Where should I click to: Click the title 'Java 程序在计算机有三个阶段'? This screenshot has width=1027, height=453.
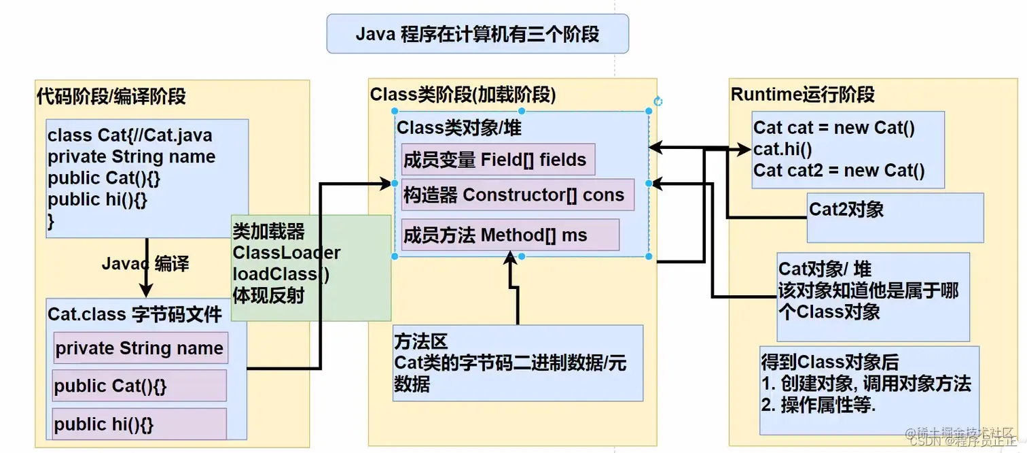click(478, 34)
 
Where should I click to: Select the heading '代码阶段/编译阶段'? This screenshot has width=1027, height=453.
click(111, 97)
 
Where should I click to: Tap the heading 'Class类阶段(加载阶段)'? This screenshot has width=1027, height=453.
click(463, 95)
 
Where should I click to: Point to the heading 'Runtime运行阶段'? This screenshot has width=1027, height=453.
click(802, 95)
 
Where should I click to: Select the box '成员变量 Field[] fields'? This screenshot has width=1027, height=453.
click(498, 160)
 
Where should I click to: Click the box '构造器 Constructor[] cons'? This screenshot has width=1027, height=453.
click(517, 195)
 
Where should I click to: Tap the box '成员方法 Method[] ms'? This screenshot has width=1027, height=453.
click(509, 235)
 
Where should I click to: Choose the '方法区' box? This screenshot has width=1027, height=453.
click(518, 363)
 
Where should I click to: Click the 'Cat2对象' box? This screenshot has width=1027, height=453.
click(895, 218)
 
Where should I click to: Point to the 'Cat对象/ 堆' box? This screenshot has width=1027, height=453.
click(873, 297)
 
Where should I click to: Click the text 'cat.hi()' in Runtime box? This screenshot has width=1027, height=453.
click(782, 148)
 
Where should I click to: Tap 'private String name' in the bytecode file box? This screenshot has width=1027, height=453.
click(140, 348)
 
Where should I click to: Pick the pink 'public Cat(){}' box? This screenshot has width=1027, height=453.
click(139, 386)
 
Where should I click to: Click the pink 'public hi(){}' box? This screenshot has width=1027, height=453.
click(139, 424)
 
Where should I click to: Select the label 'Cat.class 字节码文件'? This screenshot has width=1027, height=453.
click(134, 314)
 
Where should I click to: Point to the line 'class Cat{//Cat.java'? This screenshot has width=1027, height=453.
click(130, 135)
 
